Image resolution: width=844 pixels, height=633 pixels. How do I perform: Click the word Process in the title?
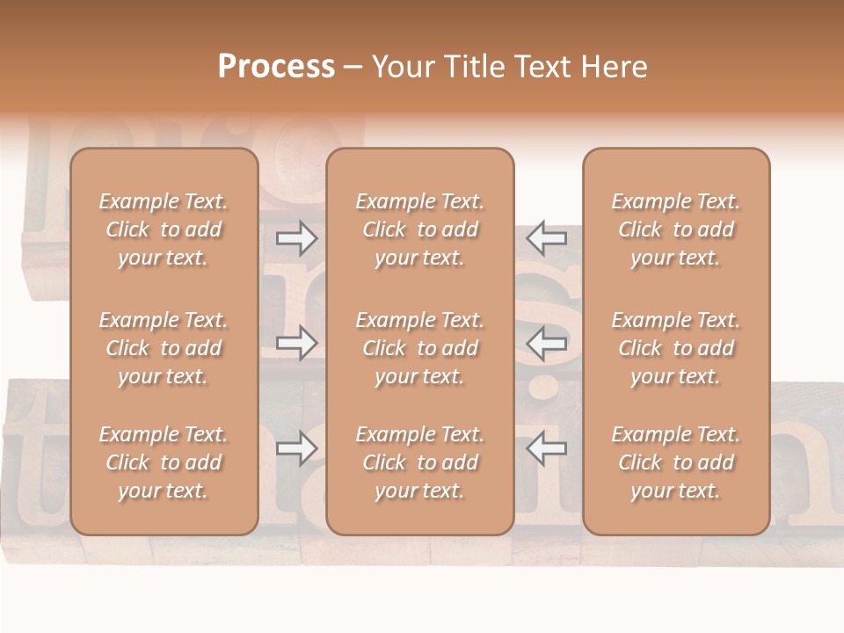point(276,67)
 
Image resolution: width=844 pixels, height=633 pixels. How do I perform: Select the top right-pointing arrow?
point(296,237)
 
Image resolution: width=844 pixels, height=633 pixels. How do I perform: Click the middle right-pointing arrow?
point(296,342)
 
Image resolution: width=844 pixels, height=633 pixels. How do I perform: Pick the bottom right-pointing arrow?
point(296,448)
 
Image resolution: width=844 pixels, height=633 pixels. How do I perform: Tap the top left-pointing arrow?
point(546,237)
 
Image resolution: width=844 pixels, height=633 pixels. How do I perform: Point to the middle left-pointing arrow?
point(546,342)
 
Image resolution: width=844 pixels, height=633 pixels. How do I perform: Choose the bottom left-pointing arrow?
point(546,448)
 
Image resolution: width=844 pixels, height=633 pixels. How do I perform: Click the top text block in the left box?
point(164,229)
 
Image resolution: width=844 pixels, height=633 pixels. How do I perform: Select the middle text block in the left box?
point(164,348)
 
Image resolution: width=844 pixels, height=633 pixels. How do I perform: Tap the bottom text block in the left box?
point(164,462)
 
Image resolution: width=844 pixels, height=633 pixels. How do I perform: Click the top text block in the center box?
point(420,229)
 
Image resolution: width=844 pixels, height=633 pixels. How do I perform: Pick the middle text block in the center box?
point(420,348)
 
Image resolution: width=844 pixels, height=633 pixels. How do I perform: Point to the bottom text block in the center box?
point(420,462)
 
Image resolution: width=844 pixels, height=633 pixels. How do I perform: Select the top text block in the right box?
point(676,229)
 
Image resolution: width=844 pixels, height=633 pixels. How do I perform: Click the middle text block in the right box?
point(676,348)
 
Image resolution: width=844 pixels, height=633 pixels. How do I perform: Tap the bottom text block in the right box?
point(676,462)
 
